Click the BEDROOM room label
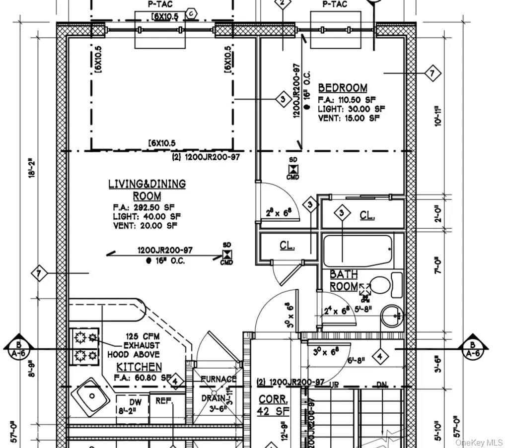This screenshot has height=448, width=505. pos(343,88)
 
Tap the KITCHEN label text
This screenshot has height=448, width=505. pos(139,367)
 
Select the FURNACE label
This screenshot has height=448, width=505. pos(218,379)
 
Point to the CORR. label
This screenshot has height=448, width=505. pos(273,399)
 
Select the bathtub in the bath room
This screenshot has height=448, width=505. pos(357,251)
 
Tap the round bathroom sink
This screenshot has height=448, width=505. pos(392,316)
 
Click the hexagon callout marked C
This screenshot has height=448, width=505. pos(190,14)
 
